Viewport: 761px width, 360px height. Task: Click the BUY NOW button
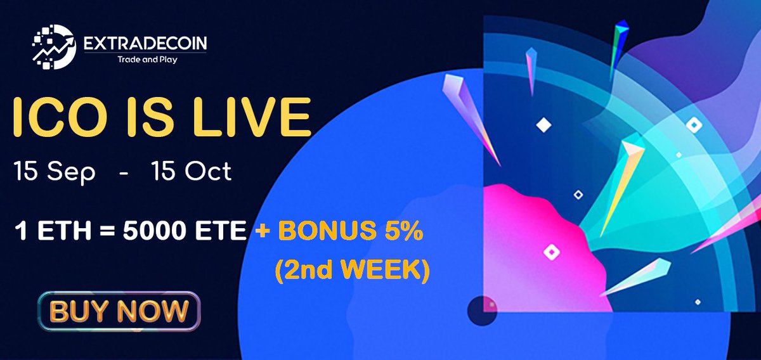[x=119, y=311]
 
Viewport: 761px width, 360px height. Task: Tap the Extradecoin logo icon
[x=54, y=46]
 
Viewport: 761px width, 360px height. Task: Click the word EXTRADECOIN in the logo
[x=145, y=44]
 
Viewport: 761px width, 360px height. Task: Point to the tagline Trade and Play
[x=145, y=61]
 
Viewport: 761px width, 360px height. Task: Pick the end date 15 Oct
[x=191, y=172]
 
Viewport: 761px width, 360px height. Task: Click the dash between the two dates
[x=122, y=172]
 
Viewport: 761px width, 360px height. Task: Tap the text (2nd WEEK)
[x=351, y=269]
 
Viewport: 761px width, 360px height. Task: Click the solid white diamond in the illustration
[x=543, y=125]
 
